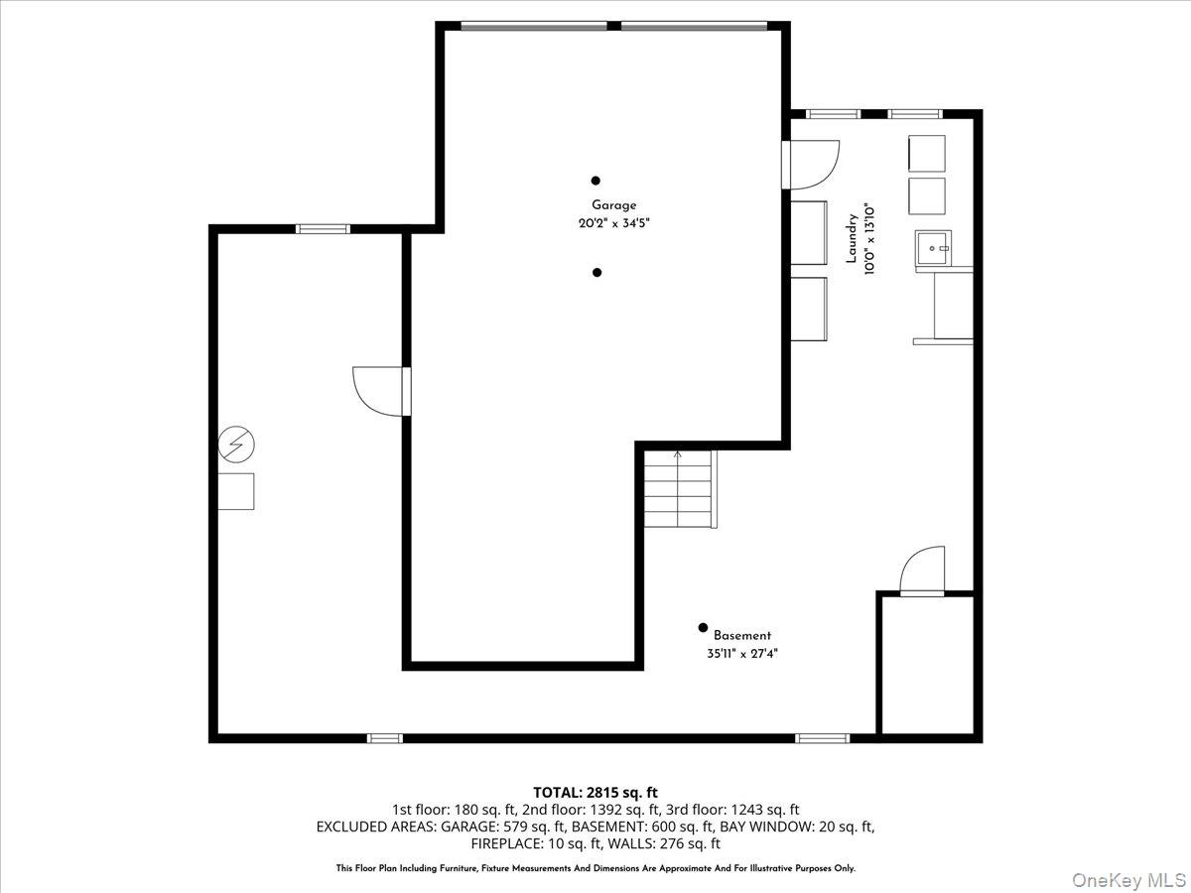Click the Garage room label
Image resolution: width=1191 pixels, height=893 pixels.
click(614, 205)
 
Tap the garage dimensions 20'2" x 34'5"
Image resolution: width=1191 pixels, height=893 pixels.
click(614, 223)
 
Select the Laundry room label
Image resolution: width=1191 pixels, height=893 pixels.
click(851, 239)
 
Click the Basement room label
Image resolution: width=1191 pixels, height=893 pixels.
click(741, 636)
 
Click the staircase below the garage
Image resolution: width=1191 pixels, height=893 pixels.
click(679, 489)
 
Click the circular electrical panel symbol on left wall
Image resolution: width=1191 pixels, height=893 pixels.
click(236, 445)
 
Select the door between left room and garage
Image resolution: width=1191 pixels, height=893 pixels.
click(380, 391)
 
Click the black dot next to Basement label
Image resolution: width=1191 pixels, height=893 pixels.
click(703, 627)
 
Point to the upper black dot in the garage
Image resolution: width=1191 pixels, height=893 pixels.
click(595, 181)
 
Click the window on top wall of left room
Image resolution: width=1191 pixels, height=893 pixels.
click(324, 229)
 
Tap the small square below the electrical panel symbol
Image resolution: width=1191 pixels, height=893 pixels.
click(236, 491)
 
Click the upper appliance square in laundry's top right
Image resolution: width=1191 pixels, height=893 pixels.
click(927, 154)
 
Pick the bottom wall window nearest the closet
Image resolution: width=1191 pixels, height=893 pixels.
click(823, 738)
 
